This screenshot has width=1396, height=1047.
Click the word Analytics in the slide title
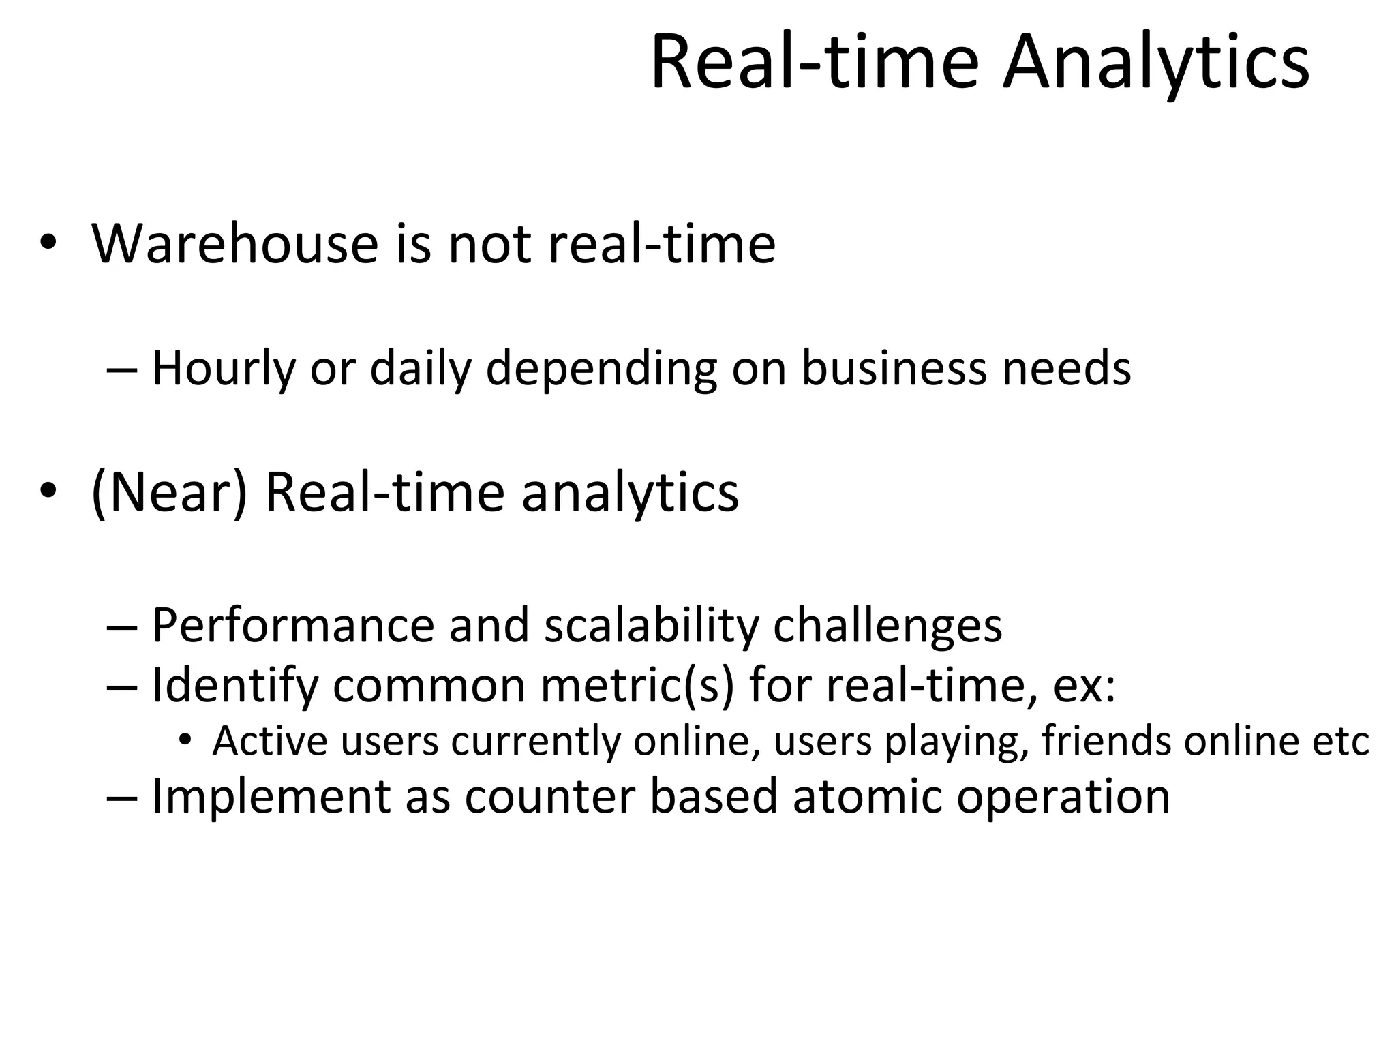pyautogui.click(x=1155, y=63)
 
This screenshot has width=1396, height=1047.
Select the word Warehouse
pyautogui.click(x=234, y=243)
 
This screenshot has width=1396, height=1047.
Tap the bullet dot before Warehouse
pyautogui.click(x=47, y=243)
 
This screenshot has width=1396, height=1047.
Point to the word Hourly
pyautogui.click(x=224, y=368)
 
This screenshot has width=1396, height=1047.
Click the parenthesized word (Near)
pyautogui.click(x=169, y=492)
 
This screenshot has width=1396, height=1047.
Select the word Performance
pyautogui.click(x=292, y=624)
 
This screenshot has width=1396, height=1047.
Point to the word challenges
pyautogui.click(x=887, y=624)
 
